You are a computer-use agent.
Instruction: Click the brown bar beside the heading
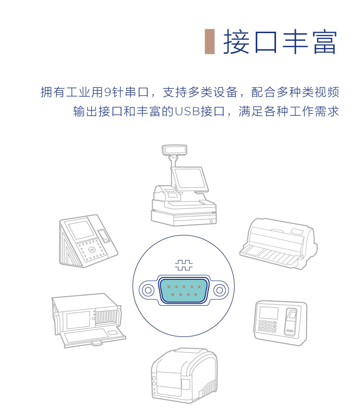pyautogui.click(x=210, y=41)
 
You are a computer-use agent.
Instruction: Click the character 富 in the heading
pyautogui.click(x=324, y=42)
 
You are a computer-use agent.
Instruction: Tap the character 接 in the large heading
pyautogui.click(x=236, y=42)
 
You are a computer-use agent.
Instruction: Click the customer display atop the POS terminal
pyautogui.click(x=174, y=150)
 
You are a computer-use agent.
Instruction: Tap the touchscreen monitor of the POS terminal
pyautogui.click(x=190, y=179)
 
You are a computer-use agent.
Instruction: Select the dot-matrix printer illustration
pyautogui.click(x=278, y=243)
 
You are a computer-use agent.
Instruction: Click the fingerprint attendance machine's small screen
pyautogui.click(x=268, y=312)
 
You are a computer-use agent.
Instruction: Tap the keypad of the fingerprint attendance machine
pyautogui.click(x=267, y=326)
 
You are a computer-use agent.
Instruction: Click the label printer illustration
pyautogui.click(x=184, y=375)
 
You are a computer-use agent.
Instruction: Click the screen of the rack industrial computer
pyautogui.click(x=78, y=320)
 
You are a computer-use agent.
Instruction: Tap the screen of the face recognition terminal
pyautogui.click(x=81, y=230)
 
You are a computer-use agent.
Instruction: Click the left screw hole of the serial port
pyautogui.click(x=147, y=290)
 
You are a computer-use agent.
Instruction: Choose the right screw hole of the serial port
pyautogui.click(x=220, y=290)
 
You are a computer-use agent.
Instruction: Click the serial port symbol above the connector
pyautogui.click(x=184, y=265)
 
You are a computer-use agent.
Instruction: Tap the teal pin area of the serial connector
pyautogui.click(x=184, y=290)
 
